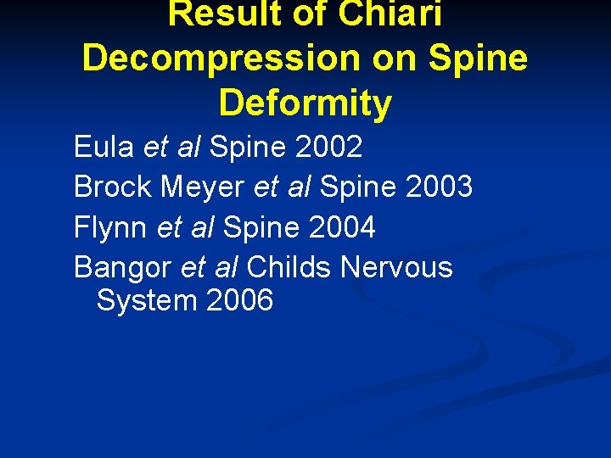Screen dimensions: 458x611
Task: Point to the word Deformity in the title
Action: click(305, 103)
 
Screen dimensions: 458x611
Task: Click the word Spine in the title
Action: click(480, 59)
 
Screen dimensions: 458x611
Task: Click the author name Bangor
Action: click(124, 267)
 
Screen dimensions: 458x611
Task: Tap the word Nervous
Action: click(396, 267)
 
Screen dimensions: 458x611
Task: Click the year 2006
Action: click(239, 300)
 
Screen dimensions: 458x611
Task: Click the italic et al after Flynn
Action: click(185, 226)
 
